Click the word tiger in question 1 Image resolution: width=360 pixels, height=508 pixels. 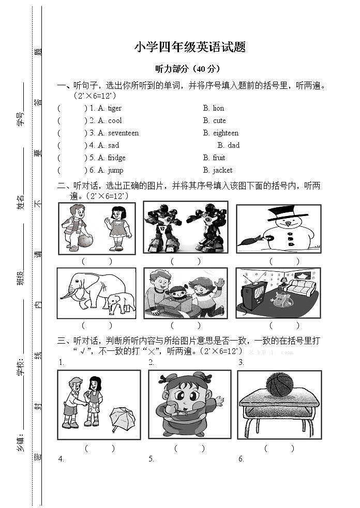tap(115, 108)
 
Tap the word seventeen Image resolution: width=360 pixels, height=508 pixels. tap(123, 133)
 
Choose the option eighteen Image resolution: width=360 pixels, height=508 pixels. tap(226, 133)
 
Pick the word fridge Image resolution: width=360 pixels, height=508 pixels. tap(116, 158)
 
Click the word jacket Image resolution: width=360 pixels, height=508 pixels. tap(222, 170)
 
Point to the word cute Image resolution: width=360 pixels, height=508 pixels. tap(219, 120)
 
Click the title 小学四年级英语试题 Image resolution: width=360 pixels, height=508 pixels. tap(189, 48)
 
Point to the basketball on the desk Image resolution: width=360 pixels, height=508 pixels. tap(279, 385)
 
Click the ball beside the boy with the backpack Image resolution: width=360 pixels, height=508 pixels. tap(85, 240)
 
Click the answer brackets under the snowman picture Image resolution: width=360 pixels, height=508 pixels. tap(284, 261)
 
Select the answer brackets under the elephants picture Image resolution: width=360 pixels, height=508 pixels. tap(97, 326)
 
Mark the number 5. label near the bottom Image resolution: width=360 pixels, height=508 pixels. tap(151, 459)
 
